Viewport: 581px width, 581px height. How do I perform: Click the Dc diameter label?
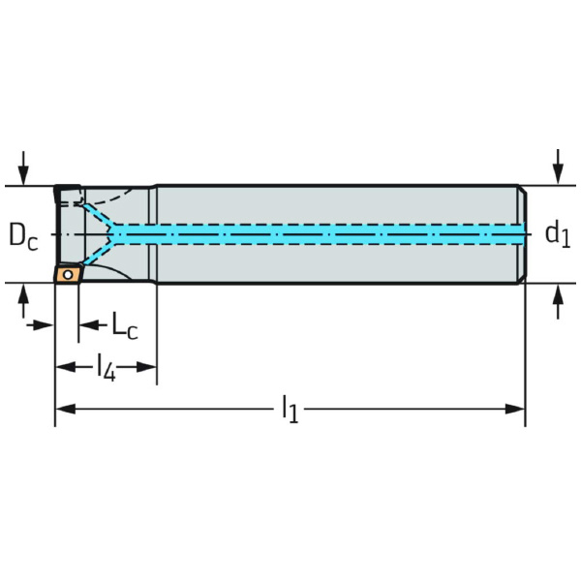point(23,235)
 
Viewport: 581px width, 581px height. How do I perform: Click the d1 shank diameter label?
point(556,233)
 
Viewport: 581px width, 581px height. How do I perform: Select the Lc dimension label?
point(124,327)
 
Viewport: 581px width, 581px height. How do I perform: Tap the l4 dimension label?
point(106,367)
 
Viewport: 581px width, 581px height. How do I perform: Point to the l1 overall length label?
point(290,410)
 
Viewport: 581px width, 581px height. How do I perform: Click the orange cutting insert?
point(67,274)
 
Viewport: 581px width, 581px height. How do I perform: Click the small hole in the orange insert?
point(67,274)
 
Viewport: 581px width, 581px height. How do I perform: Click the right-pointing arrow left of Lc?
point(45,324)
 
